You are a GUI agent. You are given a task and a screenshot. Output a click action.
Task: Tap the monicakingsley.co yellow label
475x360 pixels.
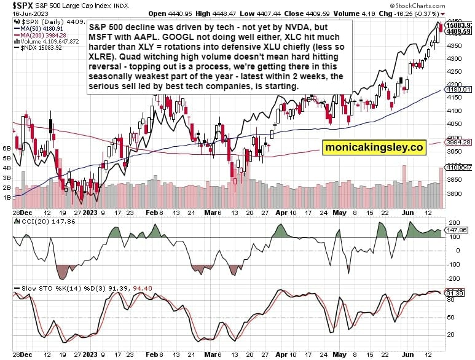[x=374, y=147]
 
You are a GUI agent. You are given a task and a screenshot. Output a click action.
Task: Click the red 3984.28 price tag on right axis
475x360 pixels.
[x=458, y=143]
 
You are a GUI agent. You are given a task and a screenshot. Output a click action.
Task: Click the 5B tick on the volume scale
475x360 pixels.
[x=7, y=157]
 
